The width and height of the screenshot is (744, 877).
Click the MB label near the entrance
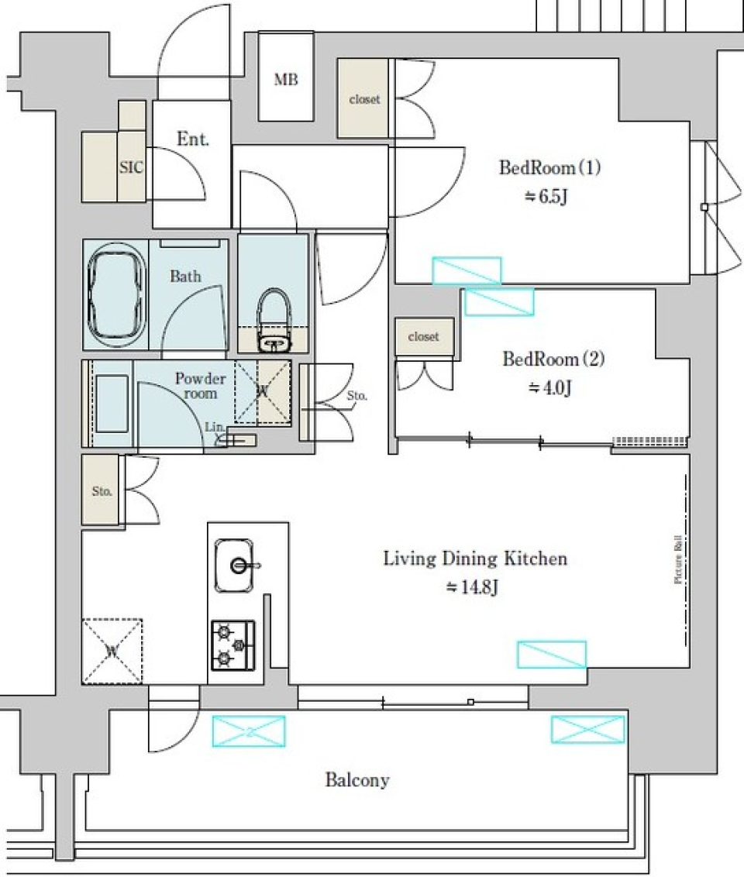[285, 79]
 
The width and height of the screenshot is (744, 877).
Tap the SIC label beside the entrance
[131, 167]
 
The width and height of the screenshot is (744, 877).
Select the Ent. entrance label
[193, 139]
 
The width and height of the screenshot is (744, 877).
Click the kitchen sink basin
[238, 565]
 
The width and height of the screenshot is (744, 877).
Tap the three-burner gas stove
[233, 645]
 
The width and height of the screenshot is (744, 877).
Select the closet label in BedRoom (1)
[364, 99]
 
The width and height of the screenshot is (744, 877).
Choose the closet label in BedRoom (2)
[423, 337]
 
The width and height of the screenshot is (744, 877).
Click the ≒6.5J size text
[548, 196]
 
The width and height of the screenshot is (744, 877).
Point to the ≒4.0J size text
[551, 387]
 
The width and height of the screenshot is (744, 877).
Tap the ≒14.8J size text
[472, 587]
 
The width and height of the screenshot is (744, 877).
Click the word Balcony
[356, 779]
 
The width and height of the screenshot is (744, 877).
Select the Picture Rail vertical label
[678, 559]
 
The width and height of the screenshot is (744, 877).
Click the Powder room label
[200, 386]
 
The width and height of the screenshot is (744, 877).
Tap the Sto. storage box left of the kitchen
[102, 491]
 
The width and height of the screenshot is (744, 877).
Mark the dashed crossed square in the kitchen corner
[112, 651]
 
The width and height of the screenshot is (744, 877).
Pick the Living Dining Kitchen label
[475, 559]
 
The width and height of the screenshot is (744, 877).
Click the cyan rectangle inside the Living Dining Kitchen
[551, 654]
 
